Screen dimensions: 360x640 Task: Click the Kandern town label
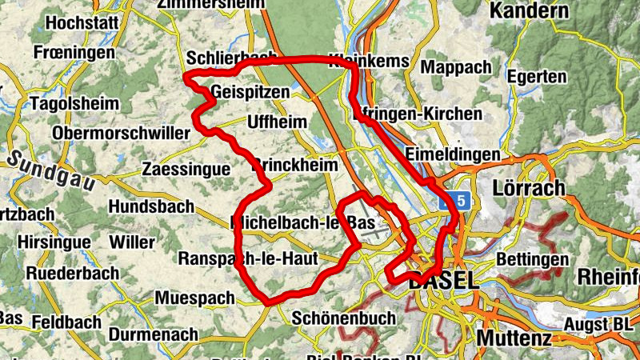pos(529,11)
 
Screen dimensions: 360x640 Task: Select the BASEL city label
pos(442,282)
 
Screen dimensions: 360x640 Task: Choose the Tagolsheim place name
pos(74,104)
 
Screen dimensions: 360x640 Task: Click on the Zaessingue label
pos(185,170)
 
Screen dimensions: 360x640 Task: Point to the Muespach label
pos(196,298)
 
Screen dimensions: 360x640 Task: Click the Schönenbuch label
pos(344,318)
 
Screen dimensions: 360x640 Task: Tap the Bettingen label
pos(532,260)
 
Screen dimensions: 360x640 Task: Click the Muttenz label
pos(514,338)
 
